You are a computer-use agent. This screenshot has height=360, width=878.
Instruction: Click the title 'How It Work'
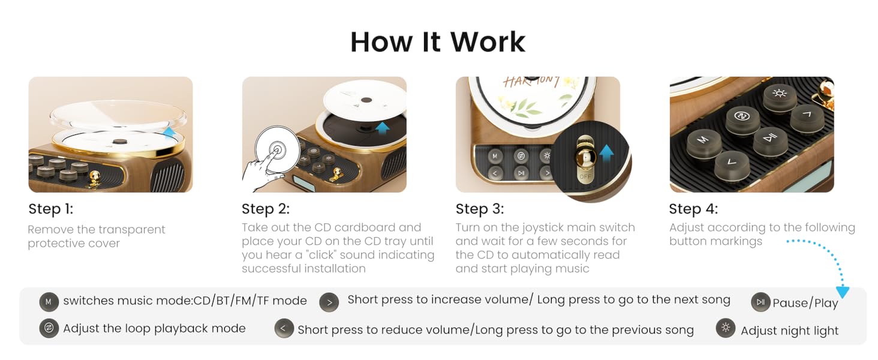pyautogui.click(x=437, y=41)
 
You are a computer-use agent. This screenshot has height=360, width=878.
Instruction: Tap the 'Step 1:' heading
pyautogui.click(x=50, y=209)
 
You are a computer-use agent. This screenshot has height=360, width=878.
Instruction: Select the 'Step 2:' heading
pyautogui.click(x=265, y=209)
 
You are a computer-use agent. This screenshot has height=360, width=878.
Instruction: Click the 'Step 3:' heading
pyautogui.click(x=479, y=209)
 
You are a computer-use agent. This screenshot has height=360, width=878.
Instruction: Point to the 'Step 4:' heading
pyautogui.click(x=693, y=209)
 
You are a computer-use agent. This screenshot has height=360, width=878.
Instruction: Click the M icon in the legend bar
pyautogui.click(x=49, y=301)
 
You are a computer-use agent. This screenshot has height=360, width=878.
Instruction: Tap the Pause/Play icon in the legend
pyautogui.click(x=760, y=302)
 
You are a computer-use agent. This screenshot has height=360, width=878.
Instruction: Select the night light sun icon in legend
pyautogui.click(x=726, y=328)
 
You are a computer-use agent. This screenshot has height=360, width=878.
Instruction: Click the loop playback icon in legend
pyautogui.click(x=49, y=328)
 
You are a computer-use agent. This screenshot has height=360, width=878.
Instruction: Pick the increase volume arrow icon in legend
pyautogui.click(x=329, y=302)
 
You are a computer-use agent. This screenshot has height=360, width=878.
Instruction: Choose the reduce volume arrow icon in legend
pyautogui.click(x=284, y=328)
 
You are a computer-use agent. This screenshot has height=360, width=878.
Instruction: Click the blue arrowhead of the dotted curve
pyautogui.click(x=843, y=292)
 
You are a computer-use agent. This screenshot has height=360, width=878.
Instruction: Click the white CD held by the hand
pyautogui.click(x=276, y=151)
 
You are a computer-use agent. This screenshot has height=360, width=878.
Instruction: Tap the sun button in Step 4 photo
pyautogui.click(x=779, y=94)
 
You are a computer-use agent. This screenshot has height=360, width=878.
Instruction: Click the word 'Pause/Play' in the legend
pyautogui.click(x=805, y=303)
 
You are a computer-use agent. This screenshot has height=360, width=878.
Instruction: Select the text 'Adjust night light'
pyautogui.click(x=789, y=331)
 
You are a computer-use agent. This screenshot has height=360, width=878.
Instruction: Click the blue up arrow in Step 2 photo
pyautogui.click(x=383, y=127)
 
